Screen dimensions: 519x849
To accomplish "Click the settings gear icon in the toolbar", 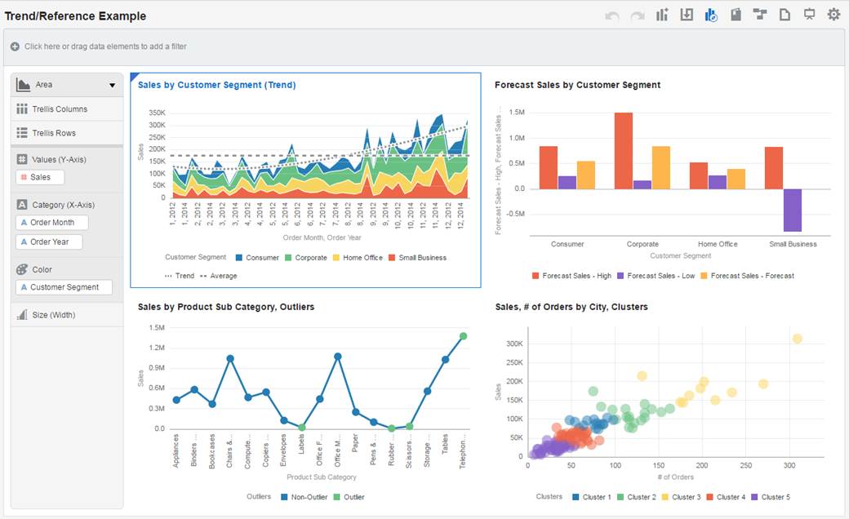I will point(833,15).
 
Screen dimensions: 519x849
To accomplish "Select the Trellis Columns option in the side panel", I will point(60,109).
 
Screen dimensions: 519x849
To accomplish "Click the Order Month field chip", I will point(51,223).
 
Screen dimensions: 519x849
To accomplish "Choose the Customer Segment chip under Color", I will point(64,287).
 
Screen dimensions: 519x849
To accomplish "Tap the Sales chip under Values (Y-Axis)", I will point(39,177).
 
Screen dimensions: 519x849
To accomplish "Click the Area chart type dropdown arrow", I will point(113,86).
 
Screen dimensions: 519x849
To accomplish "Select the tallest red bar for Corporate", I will point(624,150).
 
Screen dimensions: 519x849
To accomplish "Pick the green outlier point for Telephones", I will point(463,335).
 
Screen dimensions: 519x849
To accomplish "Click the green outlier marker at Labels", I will point(302,427).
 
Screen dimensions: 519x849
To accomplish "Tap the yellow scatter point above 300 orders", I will point(798,339).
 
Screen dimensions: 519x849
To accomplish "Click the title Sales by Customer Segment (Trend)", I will point(216,85).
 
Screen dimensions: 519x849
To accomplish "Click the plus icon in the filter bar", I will point(15,47).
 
